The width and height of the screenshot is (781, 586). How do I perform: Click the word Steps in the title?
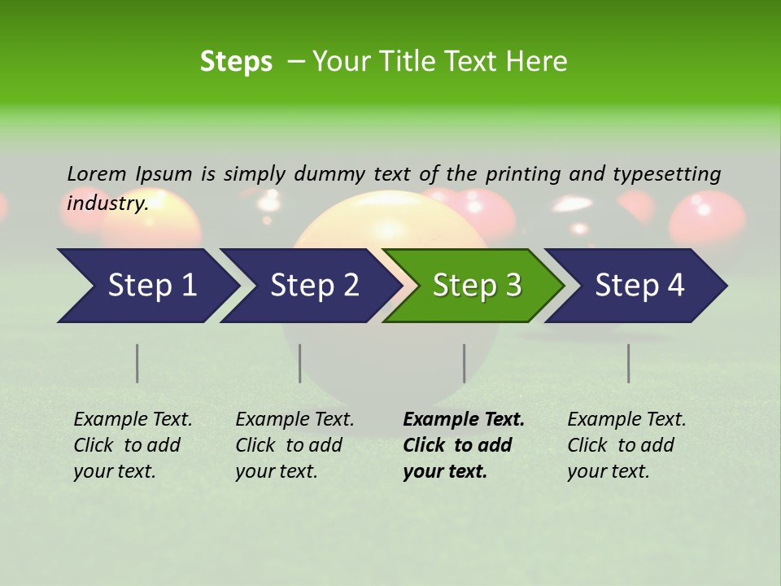pyautogui.click(x=236, y=62)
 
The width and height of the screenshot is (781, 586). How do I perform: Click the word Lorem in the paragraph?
pyautogui.click(x=97, y=173)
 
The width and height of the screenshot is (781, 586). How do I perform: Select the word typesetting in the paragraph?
pyautogui.click(x=666, y=174)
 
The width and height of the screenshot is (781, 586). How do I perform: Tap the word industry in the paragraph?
pyautogui.click(x=107, y=203)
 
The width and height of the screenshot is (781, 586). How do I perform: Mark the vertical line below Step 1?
pyautogui.click(x=137, y=363)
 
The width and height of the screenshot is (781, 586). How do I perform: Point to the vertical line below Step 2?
pyautogui.click(x=300, y=363)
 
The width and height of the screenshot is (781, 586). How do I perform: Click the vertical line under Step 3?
pyautogui.click(x=464, y=363)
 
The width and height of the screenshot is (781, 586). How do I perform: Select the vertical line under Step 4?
pyautogui.click(x=628, y=363)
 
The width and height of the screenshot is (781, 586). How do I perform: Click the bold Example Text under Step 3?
pyautogui.click(x=463, y=445)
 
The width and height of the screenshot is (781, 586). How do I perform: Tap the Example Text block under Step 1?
pyautogui.click(x=133, y=445)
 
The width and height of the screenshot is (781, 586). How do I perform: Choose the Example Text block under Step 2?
pyautogui.click(x=295, y=445)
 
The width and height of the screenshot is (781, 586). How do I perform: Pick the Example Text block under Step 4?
pyautogui.click(x=626, y=445)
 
